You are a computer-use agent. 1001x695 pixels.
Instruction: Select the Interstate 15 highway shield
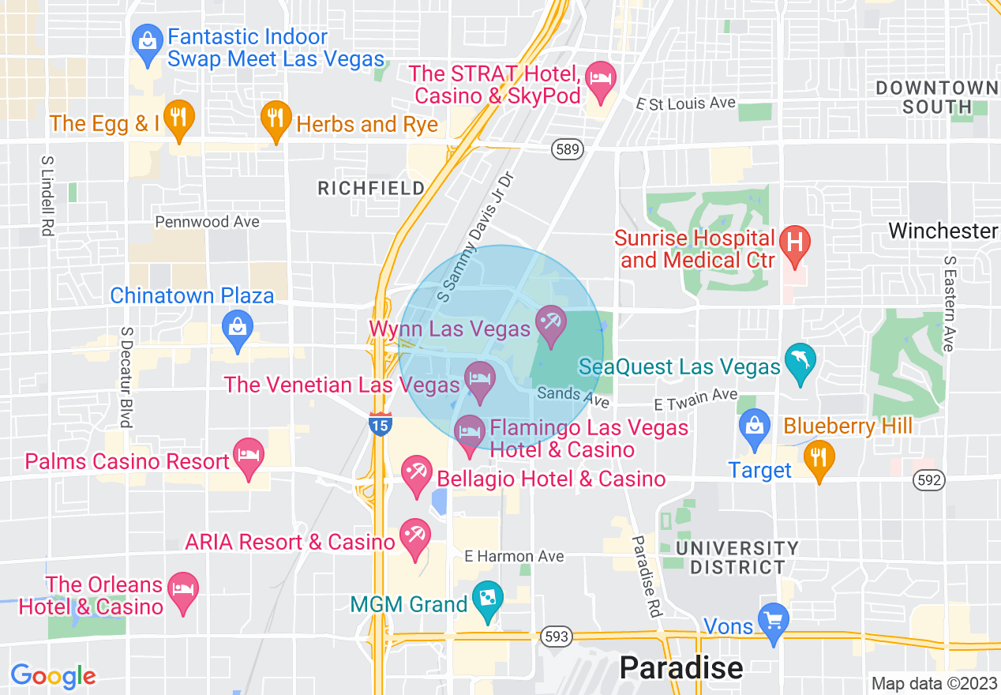pos(380,424)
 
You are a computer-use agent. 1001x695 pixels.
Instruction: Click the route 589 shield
pos(566,149)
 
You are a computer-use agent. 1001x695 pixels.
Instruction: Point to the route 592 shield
pos(928,479)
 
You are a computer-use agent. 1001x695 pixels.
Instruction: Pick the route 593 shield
pos(555,635)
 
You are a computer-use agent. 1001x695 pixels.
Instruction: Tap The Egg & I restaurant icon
pos(178,119)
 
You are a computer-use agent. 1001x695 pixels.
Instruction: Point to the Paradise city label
pos(680,667)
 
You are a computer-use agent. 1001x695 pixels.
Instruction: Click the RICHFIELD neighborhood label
pos(370,188)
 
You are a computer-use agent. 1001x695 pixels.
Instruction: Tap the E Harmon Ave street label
pos(514,556)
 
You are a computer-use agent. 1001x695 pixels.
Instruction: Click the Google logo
pos(53,676)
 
